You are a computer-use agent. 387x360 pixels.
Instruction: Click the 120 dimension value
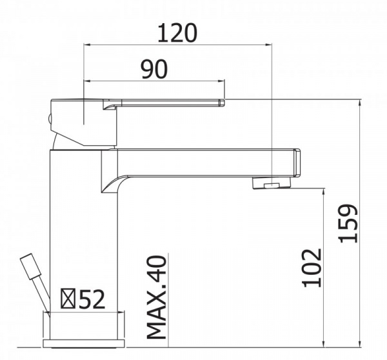point(177,32)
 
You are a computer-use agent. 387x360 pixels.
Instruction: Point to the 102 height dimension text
point(312,267)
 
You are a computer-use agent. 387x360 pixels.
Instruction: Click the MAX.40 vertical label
point(157,296)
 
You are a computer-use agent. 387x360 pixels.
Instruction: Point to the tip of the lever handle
point(221,102)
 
